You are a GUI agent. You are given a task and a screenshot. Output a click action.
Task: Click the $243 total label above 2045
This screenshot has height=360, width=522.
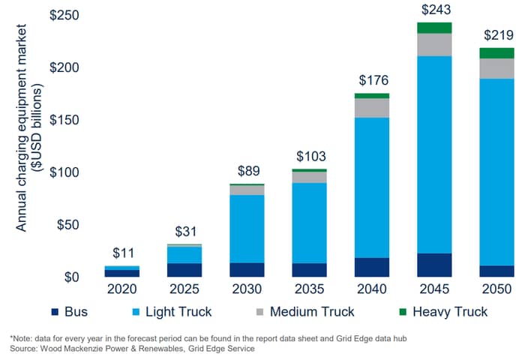pos(436,10)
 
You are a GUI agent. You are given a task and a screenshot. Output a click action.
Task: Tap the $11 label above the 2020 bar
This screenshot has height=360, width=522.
pos(124,253)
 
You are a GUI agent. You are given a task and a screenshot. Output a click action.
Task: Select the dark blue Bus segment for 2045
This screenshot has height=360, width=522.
pos(434,265)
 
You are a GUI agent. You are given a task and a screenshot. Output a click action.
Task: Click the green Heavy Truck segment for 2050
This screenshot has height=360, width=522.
pos(496,53)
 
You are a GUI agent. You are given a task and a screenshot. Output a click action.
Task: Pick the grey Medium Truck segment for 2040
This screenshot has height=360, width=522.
pos(372,108)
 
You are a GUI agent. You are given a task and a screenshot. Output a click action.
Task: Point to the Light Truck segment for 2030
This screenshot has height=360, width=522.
pos(247,229)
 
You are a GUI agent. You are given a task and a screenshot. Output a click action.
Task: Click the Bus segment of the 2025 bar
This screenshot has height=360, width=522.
pos(184,270)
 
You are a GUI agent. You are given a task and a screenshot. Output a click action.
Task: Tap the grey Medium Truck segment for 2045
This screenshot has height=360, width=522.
pos(434,45)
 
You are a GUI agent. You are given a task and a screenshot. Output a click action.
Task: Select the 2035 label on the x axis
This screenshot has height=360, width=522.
pos(309,289)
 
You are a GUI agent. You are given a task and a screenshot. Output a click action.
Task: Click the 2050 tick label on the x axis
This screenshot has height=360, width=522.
pos(496,289)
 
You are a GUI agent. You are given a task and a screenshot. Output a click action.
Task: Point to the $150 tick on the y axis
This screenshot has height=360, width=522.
pos(64,120)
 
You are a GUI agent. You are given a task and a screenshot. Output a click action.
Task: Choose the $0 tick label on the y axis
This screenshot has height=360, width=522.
pos(71,277)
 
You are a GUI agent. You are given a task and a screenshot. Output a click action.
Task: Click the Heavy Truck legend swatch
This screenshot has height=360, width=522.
pos(403,312)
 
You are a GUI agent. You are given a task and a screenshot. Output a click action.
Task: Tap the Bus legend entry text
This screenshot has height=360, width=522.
pos(76,312)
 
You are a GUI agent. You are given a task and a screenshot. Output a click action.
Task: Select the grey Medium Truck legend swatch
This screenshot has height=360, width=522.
pos(259,312)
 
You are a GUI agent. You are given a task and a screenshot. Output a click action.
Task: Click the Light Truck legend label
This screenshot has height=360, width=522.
pos(178,312)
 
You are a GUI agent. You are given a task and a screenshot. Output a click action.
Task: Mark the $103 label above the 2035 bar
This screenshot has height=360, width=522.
pos(311,156)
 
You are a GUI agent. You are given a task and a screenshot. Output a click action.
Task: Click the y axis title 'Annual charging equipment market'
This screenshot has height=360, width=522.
pos(21,128)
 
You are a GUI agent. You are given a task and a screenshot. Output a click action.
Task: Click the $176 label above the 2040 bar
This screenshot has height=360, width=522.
pos(373,80)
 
